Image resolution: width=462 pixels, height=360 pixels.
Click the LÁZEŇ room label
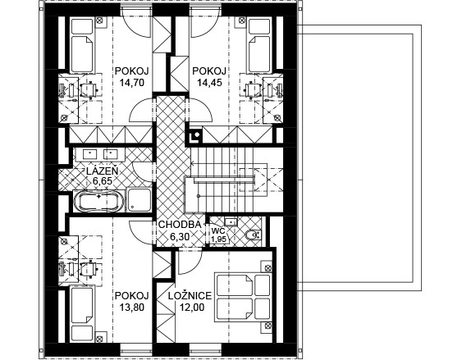103,171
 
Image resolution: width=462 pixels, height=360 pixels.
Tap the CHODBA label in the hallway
180,225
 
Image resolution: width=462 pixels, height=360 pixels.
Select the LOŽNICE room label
190,295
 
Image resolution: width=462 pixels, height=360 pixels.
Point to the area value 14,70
132,83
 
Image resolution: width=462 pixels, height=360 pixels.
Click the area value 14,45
209,83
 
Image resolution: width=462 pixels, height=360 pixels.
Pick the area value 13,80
132,308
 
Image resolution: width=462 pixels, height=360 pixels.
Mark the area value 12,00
192,308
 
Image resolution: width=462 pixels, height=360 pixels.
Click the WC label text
218,230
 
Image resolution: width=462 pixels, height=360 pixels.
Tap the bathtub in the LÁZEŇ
98,202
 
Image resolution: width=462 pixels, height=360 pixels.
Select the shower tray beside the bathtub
139,200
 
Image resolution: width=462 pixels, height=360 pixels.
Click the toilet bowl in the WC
253,235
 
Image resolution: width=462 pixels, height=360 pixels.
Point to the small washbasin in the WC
231,221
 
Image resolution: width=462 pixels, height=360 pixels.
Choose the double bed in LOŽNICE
243,297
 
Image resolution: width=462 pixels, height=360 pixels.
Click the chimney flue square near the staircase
195,135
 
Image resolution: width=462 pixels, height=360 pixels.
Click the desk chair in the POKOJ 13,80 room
88,268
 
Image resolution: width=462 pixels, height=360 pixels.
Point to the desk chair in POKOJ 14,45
254,89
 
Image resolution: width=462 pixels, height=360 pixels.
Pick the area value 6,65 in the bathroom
103,181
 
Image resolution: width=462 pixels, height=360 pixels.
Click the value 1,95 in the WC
218,239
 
